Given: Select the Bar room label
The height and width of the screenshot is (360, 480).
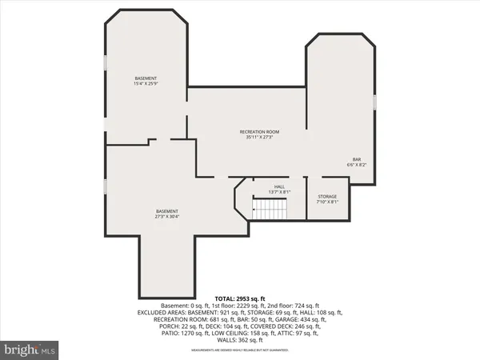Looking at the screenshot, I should click(x=358, y=158).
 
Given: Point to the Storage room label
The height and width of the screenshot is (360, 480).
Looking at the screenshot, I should click(x=327, y=196).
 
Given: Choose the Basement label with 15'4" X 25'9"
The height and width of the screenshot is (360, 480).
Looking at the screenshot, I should click(x=145, y=78).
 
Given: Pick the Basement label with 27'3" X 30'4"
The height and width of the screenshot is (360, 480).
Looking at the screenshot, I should click(x=166, y=211).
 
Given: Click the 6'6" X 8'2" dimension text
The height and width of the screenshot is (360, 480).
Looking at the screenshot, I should click(x=358, y=165).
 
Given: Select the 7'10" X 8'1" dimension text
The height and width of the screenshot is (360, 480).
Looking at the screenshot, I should click(x=327, y=202).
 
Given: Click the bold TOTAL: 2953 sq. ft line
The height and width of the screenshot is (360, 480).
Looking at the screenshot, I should click(x=239, y=298).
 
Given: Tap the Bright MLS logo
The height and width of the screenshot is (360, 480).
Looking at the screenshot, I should click(x=30, y=350).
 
